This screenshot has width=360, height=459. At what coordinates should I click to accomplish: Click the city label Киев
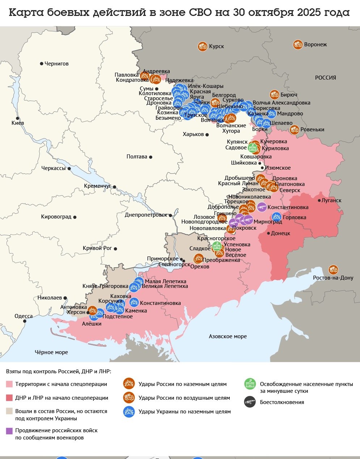click(17, 123)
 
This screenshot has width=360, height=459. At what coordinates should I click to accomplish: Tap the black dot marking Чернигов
click(42, 64)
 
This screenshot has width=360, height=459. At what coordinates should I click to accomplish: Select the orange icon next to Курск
click(203, 46)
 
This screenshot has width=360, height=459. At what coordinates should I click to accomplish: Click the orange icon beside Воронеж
click(298, 44)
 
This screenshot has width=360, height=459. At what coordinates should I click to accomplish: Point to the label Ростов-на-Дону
click(333, 278)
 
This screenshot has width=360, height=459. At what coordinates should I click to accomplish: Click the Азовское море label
click(228, 336)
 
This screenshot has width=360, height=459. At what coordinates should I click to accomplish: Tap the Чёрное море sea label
click(51, 352)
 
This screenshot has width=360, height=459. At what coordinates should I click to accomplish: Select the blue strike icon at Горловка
click(276, 217)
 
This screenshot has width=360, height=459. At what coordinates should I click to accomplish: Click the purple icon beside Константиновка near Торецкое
click(262, 207)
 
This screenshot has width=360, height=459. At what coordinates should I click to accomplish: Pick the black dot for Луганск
click(319, 200)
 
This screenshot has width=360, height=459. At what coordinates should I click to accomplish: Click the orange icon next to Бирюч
click(274, 95)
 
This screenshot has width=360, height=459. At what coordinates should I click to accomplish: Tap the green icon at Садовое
click(252, 148)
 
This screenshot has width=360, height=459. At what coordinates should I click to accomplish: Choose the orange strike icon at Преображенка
click(198, 258)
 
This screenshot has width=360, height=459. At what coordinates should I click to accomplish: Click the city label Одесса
click(24, 316)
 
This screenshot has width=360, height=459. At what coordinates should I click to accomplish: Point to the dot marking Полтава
click(151, 157)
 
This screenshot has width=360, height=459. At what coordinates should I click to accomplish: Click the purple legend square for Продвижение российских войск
click(9, 431)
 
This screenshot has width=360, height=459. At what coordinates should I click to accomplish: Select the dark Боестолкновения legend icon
click(250, 402)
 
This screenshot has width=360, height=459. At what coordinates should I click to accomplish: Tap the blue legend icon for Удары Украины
click(129, 412)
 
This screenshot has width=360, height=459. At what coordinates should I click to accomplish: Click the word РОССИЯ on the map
click(325, 78)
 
